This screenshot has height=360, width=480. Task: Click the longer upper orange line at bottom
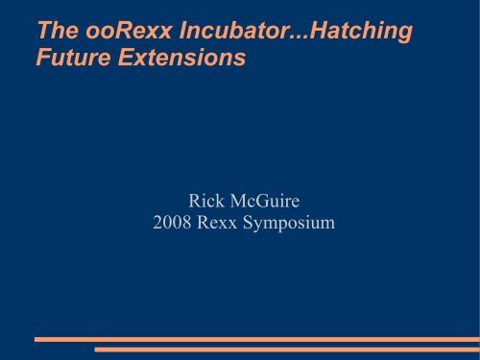[254, 339]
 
